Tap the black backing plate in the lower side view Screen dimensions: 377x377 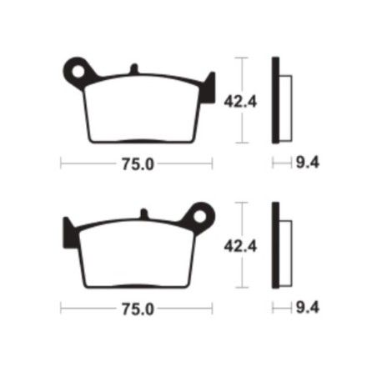pyautogui.click(x=275, y=245)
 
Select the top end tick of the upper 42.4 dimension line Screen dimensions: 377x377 pyautogui.click(x=242, y=58)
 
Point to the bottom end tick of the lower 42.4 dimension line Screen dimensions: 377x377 pyautogui.click(x=242, y=288)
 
